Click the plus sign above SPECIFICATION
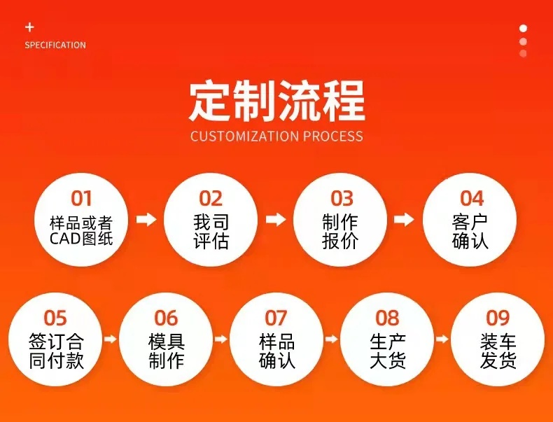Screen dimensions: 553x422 29,27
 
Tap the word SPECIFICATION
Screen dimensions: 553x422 55,45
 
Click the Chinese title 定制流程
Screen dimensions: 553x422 277,101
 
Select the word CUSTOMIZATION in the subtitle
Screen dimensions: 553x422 245,136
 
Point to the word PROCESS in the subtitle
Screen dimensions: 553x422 333,136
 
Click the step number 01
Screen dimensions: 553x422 81,199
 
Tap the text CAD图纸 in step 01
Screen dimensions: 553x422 81,239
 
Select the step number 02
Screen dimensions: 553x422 211,199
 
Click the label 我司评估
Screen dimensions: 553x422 211,232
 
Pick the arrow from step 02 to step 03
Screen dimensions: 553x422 276,219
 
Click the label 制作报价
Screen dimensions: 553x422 340,232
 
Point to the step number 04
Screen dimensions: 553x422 472,199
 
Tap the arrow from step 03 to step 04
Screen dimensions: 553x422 404,219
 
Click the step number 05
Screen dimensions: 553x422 55,318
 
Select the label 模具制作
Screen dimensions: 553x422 166,351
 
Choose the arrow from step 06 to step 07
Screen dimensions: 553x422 220,339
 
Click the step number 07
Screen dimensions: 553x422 276,318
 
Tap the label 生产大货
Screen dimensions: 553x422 388,351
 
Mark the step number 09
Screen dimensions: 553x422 498,318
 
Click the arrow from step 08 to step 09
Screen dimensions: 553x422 442,339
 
